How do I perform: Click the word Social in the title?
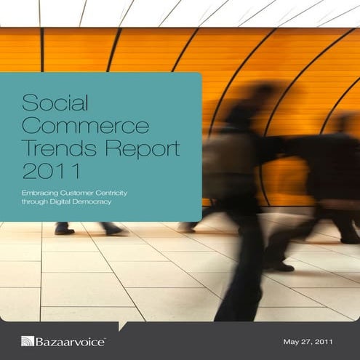tap(50, 100)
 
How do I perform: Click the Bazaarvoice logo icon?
tap(28, 340)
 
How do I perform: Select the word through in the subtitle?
tap(33, 201)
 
